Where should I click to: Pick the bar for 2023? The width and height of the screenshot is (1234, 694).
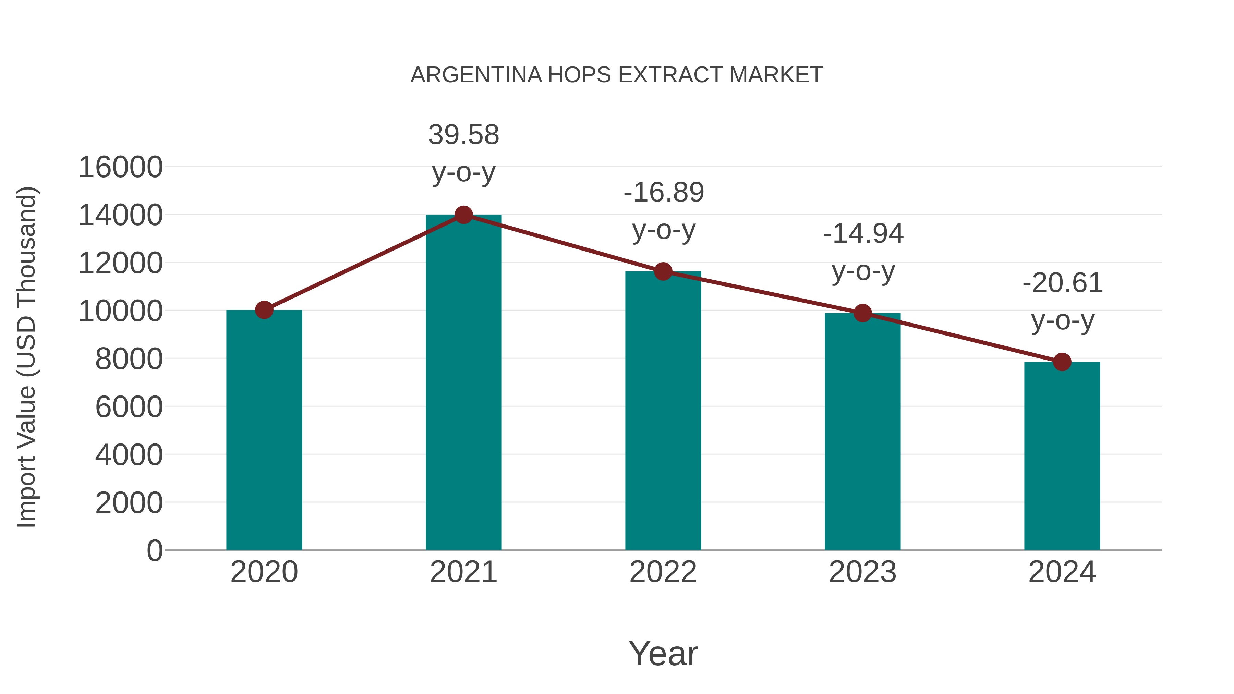pyautogui.click(x=862, y=431)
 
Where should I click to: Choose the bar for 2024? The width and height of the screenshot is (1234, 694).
pyautogui.click(x=1062, y=455)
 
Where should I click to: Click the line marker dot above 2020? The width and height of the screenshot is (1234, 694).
pyautogui.click(x=264, y=310)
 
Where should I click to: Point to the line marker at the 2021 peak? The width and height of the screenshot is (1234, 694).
pyautogui.click(x=463, y=215)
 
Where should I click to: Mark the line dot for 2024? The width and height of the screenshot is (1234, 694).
pyautogui.click(x=1062, y=362)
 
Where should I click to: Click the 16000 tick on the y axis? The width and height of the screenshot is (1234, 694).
pyautogui.click(x=120, y=167)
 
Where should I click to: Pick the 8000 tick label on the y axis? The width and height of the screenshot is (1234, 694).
pyautogui.click(x=129, y=359)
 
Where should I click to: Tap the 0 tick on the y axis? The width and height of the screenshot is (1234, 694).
pyautogui.click(x=154, y=550)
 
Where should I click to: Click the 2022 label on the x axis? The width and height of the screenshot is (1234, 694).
pyautogui.click(x=663, y=572)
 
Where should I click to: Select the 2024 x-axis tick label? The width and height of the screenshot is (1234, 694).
pyautogui.click(x=1062, y=572)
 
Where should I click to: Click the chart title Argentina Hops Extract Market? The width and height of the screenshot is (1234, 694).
pyautogui.click(x=617, y=75)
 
